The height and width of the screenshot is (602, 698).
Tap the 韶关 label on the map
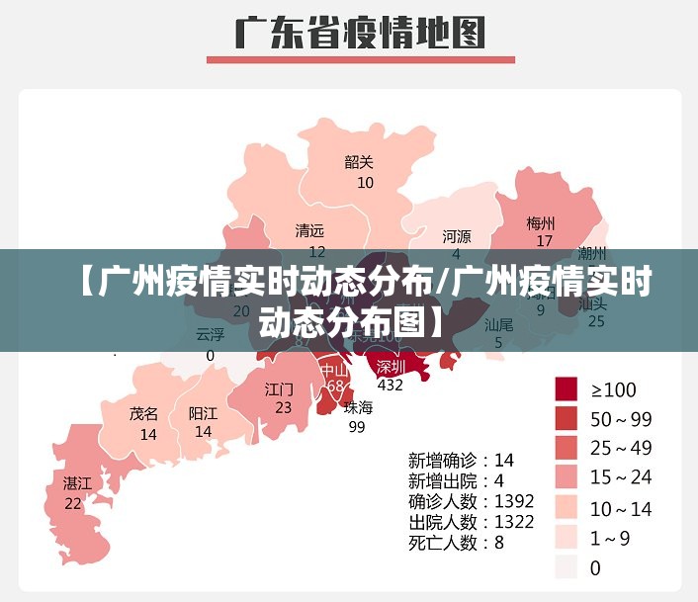coord(359,162)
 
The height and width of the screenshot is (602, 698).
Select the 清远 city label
coord(309,231)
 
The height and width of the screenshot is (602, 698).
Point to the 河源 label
coord(457,236)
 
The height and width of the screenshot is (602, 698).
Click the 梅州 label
coord(541,222)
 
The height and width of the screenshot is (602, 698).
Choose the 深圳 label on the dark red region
coord(391,366)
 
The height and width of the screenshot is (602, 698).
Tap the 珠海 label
coord(358,407)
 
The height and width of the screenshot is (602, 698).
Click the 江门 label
coord(279,388)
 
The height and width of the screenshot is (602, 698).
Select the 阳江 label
coord(203,414)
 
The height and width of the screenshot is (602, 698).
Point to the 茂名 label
coord(143,414)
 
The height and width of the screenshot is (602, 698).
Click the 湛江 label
coord(77,483)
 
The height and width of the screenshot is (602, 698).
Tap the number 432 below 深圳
coord(391,385)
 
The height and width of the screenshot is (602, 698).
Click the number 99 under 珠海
coord(357,427)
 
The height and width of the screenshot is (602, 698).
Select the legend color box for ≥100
coord(566,388)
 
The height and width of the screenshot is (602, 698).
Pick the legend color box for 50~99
coord(566,418)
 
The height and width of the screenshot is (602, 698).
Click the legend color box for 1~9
coord(566,537)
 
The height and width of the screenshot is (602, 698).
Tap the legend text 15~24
coord(621,477)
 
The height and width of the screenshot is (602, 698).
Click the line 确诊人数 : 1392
coord(472,500)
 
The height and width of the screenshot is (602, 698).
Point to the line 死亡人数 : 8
coord(456,542)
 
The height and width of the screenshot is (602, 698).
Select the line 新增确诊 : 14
coord(462,460)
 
